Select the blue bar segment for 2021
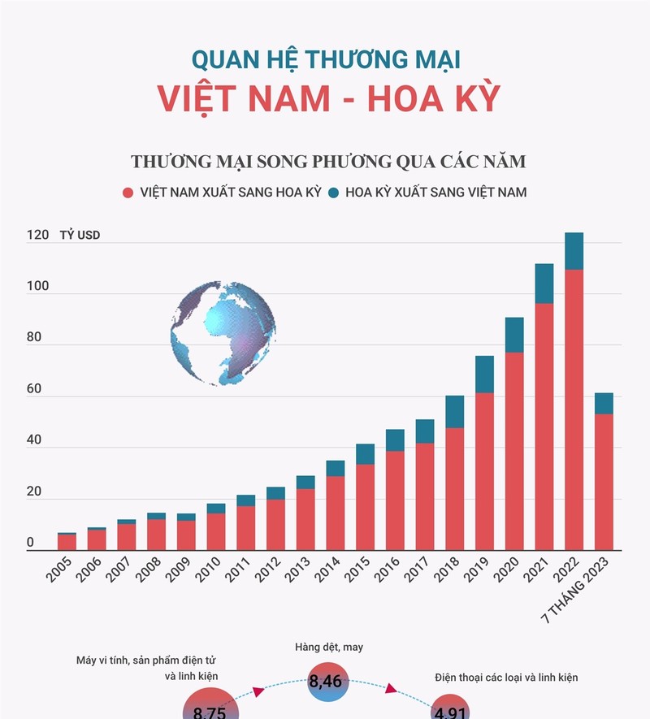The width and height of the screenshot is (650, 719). pos(544,284)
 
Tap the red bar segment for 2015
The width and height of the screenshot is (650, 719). pos(366,507)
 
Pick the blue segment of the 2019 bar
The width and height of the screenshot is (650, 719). pos(484,375)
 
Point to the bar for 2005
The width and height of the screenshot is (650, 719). pos(67,542)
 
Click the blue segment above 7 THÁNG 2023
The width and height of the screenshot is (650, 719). pos(604,404)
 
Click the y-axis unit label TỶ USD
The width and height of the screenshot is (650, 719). pos(80,236)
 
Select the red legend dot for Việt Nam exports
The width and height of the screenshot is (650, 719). pos(128,193)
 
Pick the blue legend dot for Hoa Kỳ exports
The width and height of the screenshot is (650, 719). pos(333,193)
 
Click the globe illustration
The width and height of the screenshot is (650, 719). pos(223,333)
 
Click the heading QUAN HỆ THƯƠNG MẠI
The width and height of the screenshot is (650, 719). pos(327,59)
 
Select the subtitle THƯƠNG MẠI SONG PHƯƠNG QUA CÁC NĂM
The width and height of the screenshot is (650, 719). pos(328,161)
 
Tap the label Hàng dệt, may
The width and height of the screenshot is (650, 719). pos(329,647)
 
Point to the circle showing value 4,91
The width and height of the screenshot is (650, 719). pos(448,706)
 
